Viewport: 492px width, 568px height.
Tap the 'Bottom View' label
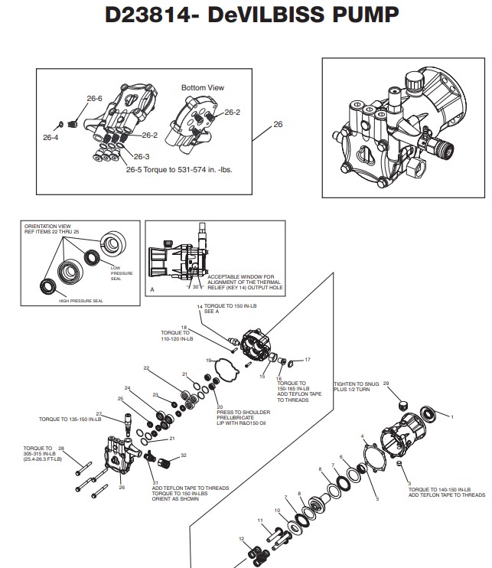coord(202,88)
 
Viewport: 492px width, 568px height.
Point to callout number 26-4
coord(51,138)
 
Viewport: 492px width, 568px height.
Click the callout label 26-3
coord(119,157)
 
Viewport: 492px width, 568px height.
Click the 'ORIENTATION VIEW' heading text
coord(47,227)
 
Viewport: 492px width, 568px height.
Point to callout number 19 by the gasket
coord(207,360)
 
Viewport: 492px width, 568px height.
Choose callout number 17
coord(308,359)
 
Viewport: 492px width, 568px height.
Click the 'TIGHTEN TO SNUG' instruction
coord(355,384)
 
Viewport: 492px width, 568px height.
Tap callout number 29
coord(386,383)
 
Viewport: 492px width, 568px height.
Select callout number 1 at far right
coord(451,417)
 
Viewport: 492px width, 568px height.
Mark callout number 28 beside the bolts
coord(61,448)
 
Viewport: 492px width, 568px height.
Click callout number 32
coord(184,455)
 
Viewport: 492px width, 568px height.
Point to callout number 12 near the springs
coord(242,539)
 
